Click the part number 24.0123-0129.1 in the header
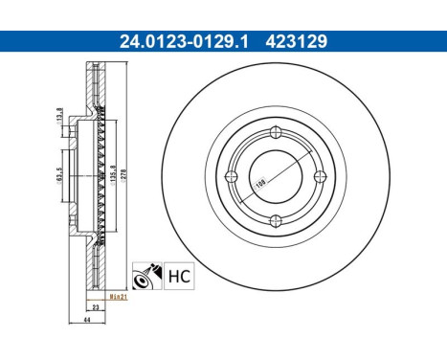[x=184, y=41]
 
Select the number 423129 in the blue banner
[x=297, y=41]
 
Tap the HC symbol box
[x=179, y=276]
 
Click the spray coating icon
[x=147, y=276]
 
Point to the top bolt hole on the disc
[x=276, y=132]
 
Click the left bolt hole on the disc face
[x=232, y=176]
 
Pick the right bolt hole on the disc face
[x=320, y=176]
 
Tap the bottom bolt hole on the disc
[x=276, y=220]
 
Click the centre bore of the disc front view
[x=276, y=176]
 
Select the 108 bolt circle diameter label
[x=259, y=184]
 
